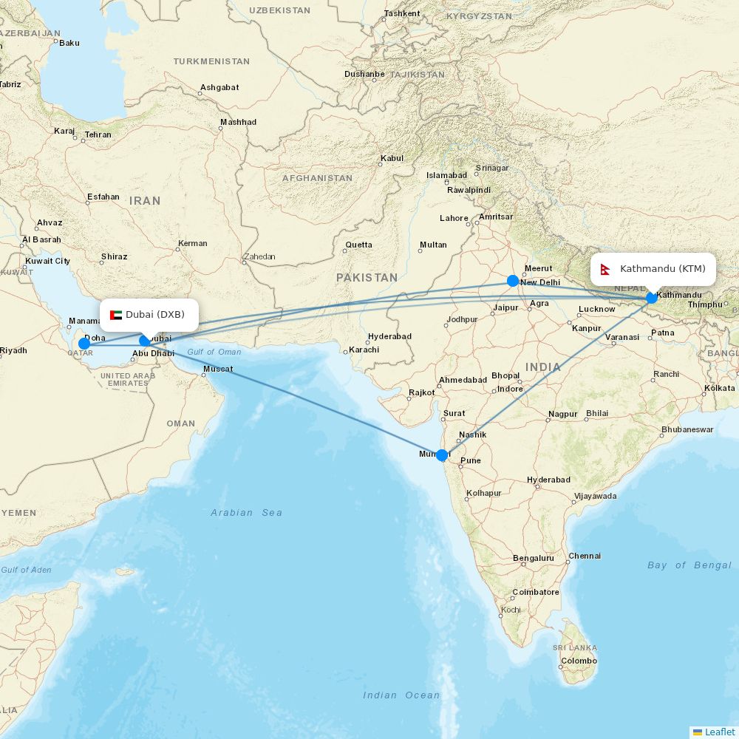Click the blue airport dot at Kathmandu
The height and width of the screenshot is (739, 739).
tap(651, 298)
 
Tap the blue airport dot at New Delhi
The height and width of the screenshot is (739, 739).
tap(512, 281)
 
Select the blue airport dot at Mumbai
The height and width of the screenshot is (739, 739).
tap(442, 455)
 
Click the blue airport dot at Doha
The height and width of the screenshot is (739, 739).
tap(84, 344)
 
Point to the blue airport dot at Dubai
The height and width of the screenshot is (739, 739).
tap(145, 341)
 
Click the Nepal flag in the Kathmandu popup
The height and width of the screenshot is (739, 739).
tap(605, 269)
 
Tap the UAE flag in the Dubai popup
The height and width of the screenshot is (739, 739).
tap(116, 315)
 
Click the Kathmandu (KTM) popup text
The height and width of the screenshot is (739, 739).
tap(663, 269)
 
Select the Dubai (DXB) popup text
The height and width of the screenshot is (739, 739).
tap(155, 315)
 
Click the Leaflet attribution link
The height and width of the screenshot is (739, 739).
tap(719, 732)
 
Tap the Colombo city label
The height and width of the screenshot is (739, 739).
tap(579, 661)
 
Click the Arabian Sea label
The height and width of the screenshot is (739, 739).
tap(246, 512)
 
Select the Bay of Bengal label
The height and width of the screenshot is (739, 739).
tap(689, 565)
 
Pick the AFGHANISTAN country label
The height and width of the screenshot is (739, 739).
tap(317, 178)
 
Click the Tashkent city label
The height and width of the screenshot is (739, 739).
tap(402, 13)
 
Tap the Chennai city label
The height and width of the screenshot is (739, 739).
tap(585, 556)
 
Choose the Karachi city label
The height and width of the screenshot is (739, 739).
tap(364, 350)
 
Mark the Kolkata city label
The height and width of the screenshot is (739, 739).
tap(720, 387)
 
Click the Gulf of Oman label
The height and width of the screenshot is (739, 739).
tap(214, 352)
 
